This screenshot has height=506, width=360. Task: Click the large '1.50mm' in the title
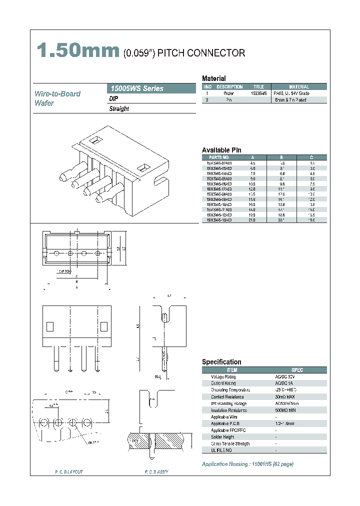coord(78,52)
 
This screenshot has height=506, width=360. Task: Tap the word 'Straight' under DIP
coord(119,108)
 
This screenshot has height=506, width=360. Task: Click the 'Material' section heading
coord(213,78)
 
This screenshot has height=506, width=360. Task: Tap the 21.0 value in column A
coord(253,220)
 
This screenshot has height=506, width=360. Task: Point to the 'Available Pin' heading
coord(221,150)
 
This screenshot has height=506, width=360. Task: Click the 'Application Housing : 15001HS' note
coord(247,464)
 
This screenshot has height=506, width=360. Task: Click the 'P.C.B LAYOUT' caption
coord(69,472)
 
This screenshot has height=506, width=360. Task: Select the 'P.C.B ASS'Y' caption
coord(156,472)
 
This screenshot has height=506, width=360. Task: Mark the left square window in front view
coord(49,326)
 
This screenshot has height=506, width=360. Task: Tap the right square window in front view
coord(104,326)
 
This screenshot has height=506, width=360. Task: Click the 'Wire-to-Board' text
coord(57,93)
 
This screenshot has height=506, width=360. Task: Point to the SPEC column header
coord(297,370)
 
